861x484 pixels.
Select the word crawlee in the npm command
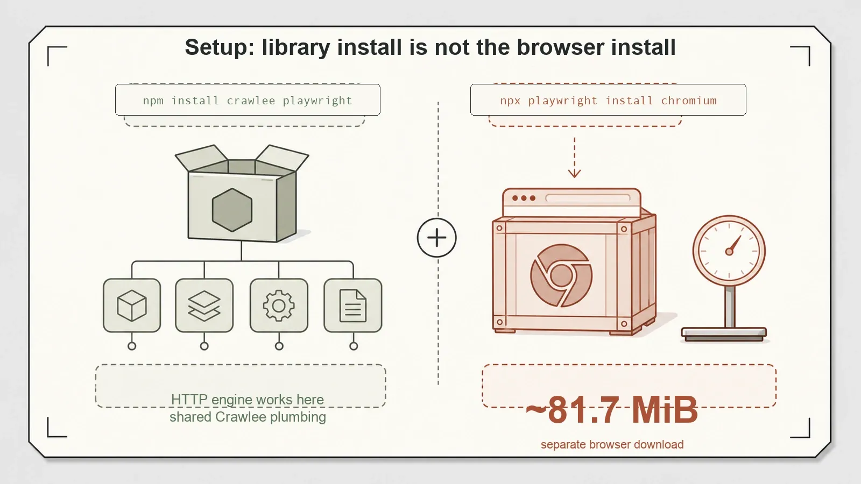coord(251,101)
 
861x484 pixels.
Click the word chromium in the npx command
coord(689,101)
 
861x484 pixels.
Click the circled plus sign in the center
coord(436,238)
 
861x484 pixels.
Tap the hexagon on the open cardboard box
coord(232,210)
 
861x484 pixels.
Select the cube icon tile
coord(132,305)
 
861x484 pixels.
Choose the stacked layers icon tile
coord(204,305)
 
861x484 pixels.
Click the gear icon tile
coord(279,305)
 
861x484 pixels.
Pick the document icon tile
coord(353,305)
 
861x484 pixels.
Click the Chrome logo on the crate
coord(561,275)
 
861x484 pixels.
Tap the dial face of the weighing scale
coord(729,251)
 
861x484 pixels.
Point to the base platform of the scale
coord(724,334)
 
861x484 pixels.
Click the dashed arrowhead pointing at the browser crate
coord(575,173)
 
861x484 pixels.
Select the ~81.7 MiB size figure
coord(611,409)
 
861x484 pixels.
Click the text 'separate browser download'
coord(612,444)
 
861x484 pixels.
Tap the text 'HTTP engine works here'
coord(248,400)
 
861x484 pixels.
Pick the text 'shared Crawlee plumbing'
coord(248,417)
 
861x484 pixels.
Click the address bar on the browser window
coord(588,198)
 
